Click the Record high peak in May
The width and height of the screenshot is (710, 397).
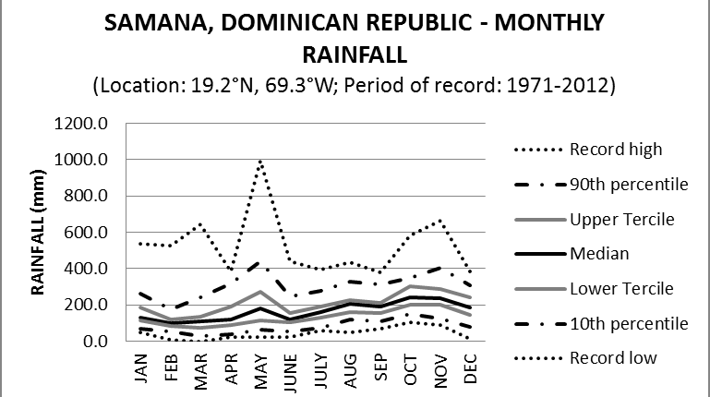(x=260, y=162)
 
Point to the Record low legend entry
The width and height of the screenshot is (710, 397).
(x=609, y=358)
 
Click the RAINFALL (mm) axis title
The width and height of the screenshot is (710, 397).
(x=40, y=233)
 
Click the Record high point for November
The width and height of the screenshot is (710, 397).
(x=439, y=221)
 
